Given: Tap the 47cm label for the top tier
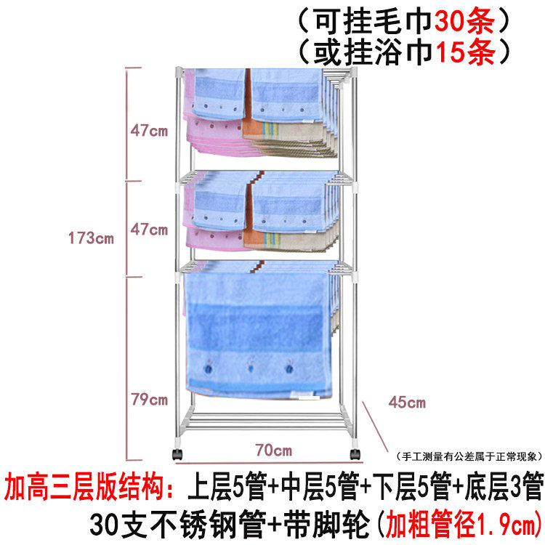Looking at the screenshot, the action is click(149, 131).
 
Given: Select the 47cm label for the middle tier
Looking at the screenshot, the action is click(149, 230).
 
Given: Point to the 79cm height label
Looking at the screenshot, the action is click(149, 399).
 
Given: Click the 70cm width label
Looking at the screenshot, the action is click(272, 451).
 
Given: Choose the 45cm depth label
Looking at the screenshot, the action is click(407, 402).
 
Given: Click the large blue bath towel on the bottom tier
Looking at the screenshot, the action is click(254, 331).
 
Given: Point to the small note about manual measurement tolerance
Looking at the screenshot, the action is click(469, 457).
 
